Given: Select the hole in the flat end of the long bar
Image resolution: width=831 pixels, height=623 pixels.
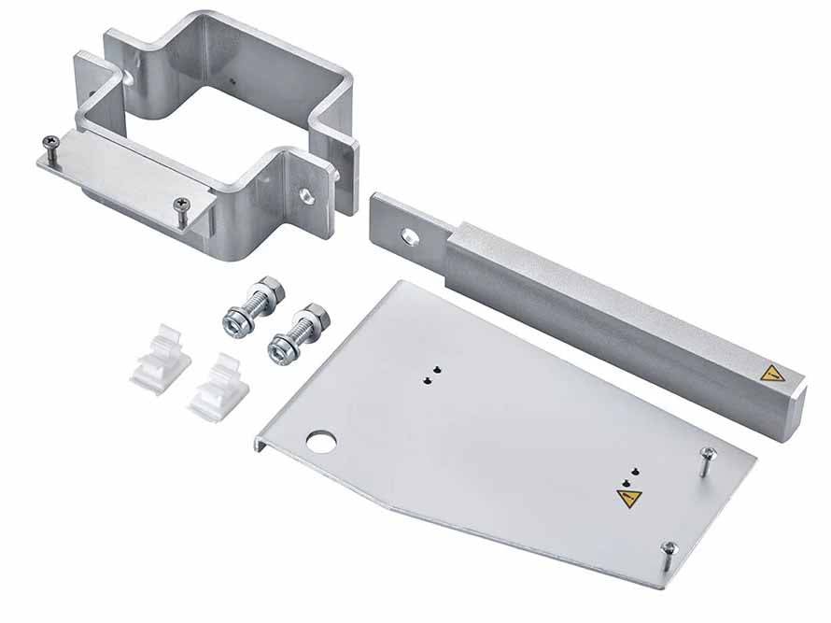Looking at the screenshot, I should coord(408,234).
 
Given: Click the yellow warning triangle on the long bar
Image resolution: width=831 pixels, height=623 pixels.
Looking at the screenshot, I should coord(771,375).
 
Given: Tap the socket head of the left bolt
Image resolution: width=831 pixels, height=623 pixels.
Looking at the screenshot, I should coord(232,321).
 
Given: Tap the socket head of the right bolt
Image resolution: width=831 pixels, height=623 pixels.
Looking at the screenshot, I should coord(277,348).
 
